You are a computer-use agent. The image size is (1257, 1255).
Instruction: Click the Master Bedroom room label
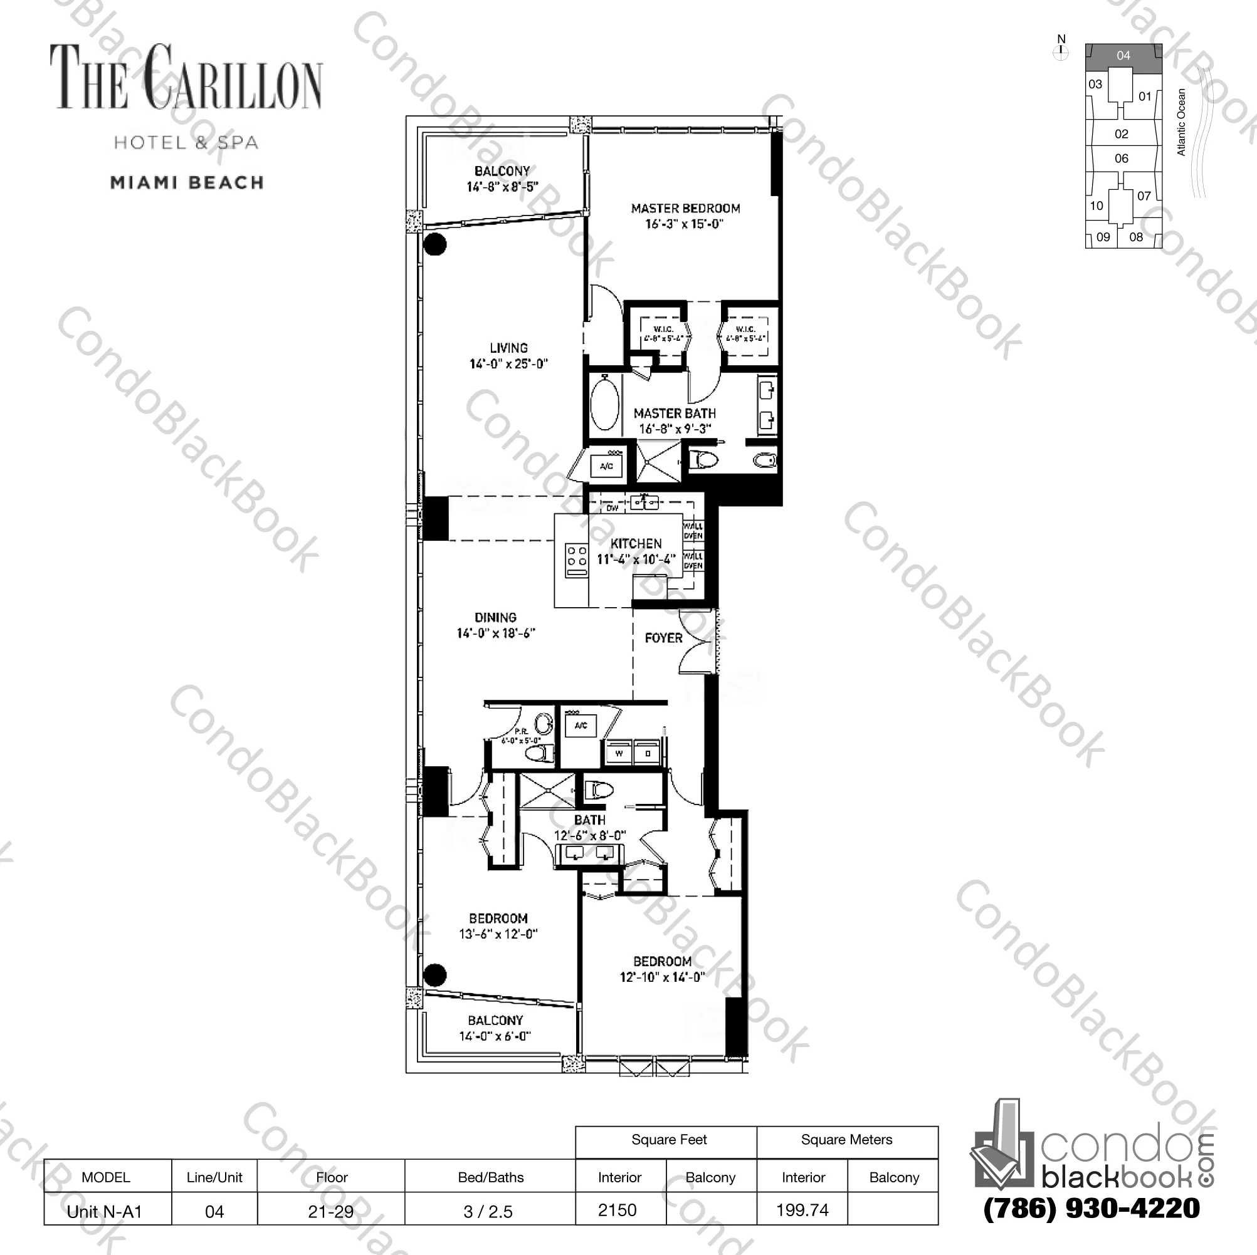[x=685, y=209]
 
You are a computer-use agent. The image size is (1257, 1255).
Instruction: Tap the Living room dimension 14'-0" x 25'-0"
[x=508, y=363]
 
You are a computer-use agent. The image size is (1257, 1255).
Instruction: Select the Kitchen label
[x=636, y=544]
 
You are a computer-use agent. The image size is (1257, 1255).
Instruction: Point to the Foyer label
[x=663, y=638]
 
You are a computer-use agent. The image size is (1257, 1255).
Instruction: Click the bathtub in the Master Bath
[x=604, y=407]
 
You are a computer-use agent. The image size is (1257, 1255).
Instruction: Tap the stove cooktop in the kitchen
[x=576, y=560]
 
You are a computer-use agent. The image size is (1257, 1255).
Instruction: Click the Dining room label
[x=495, y=617]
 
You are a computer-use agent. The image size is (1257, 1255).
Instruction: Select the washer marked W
[x=619, y=754]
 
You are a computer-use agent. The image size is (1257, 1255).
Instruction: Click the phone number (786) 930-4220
[x=1091, y=1209]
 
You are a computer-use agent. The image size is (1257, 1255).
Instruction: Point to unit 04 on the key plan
[x=1123, y=56]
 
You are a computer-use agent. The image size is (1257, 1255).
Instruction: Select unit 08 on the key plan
[x=1136, y=237]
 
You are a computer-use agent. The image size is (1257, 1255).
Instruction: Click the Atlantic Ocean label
[x=1182, y=122]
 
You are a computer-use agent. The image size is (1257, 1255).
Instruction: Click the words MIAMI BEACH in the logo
[x=187, y=183]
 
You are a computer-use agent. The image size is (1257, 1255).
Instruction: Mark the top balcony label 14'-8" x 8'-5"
[x=502, y=187]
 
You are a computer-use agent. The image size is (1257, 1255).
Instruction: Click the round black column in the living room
[x=434, y=244]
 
